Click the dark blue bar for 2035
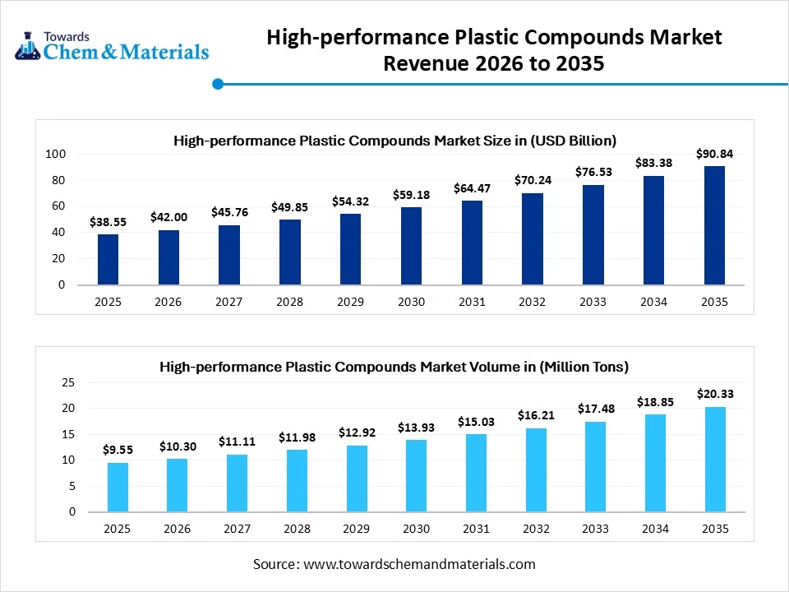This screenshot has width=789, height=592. coord(714,225)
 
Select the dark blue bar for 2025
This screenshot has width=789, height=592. coord(108,259)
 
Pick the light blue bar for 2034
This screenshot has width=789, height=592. coord(654,462)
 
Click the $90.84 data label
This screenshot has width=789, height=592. coord(714,154)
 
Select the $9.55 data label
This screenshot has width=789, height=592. coord(118,450)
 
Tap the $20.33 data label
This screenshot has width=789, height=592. coord(714,394)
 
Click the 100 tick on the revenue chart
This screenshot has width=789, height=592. coord(55,155)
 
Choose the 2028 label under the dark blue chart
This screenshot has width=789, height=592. coord(289,302)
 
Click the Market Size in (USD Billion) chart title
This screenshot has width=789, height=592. coord(394,141)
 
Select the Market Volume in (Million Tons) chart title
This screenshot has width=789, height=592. coord(394,367)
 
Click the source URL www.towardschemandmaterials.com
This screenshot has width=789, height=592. coord(419,564)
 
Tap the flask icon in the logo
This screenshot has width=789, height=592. coord(28,46)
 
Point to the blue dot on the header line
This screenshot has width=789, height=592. coord(218,84)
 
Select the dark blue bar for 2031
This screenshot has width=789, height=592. coord(472,243)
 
